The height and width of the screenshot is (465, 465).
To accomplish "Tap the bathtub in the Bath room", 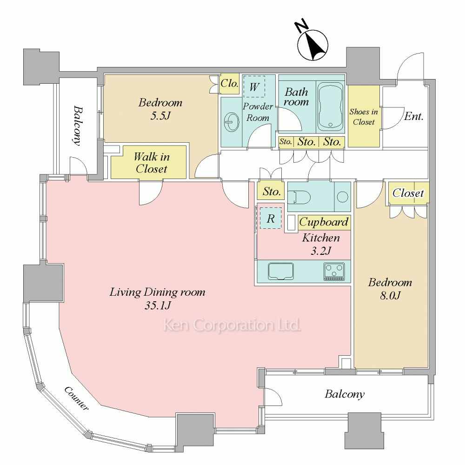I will click(x=331, y=106).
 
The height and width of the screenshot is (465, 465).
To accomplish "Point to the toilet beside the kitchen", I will click(x=298, y=197).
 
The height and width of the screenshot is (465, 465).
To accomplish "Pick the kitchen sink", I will click(x=280, y=272).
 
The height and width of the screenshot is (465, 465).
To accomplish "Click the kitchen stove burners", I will click(x=334, y=272).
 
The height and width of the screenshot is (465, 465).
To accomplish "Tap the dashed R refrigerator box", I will click(x=270, y=218).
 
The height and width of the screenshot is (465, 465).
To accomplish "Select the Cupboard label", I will click(x=324, y=222).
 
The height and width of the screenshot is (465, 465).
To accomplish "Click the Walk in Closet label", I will click(x=151, y=163).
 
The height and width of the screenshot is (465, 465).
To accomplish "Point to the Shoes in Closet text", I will click(x=364, y=117).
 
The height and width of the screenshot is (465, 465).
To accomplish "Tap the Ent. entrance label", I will click(x=413, y=116).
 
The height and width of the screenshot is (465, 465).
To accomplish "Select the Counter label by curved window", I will click(x=77, y=398).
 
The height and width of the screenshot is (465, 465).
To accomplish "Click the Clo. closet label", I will click(x=229, y=84).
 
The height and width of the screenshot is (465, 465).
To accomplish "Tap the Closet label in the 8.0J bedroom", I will click(x=409, y=193).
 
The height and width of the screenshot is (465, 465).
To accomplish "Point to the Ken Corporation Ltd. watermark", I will click(x=232, y=325).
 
